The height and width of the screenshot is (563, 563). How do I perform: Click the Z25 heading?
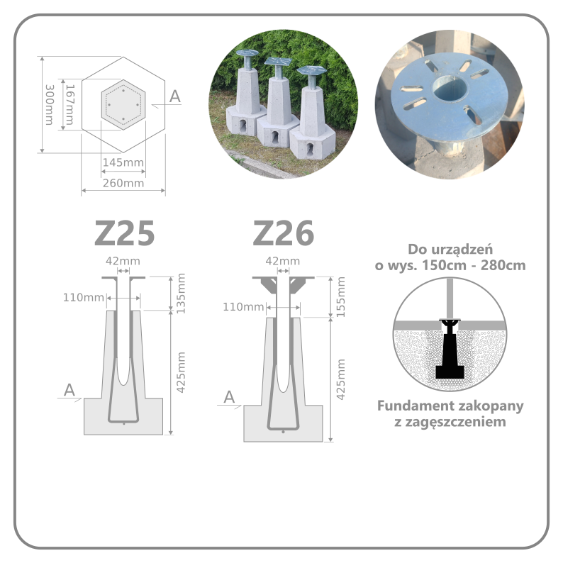[x=125, y=233]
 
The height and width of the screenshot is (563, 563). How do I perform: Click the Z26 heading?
[x=284, y=233]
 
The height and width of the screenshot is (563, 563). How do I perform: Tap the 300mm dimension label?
[x=49, y=105]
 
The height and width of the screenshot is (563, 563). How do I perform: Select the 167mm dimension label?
[x=69, y=105]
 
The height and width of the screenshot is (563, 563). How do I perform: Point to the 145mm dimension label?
[x=123, y=162]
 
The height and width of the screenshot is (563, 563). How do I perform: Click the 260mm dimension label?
[x=123, y=183]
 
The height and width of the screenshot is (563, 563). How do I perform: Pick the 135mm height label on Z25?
[x=181, y=294]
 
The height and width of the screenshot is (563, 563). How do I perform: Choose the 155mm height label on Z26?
[x=341, y=297]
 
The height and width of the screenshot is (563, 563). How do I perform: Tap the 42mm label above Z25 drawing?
[x=123, y=261]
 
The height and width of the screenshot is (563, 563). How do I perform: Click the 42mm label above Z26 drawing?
[x=283, y=261]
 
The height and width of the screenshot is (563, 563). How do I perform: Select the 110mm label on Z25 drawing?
[x=83, y=297]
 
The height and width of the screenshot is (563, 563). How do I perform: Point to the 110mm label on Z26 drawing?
[x=243, y=306]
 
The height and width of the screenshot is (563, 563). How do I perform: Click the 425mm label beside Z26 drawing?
[x=341, y=379]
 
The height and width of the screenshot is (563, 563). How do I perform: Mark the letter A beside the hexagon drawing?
[x=175, y=96]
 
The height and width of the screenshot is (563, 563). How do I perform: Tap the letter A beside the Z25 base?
[x=69, y=390]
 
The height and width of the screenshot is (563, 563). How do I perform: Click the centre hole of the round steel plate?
[x=450, y=89]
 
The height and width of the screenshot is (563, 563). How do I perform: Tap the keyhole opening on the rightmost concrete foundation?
[x=310, y=149]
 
